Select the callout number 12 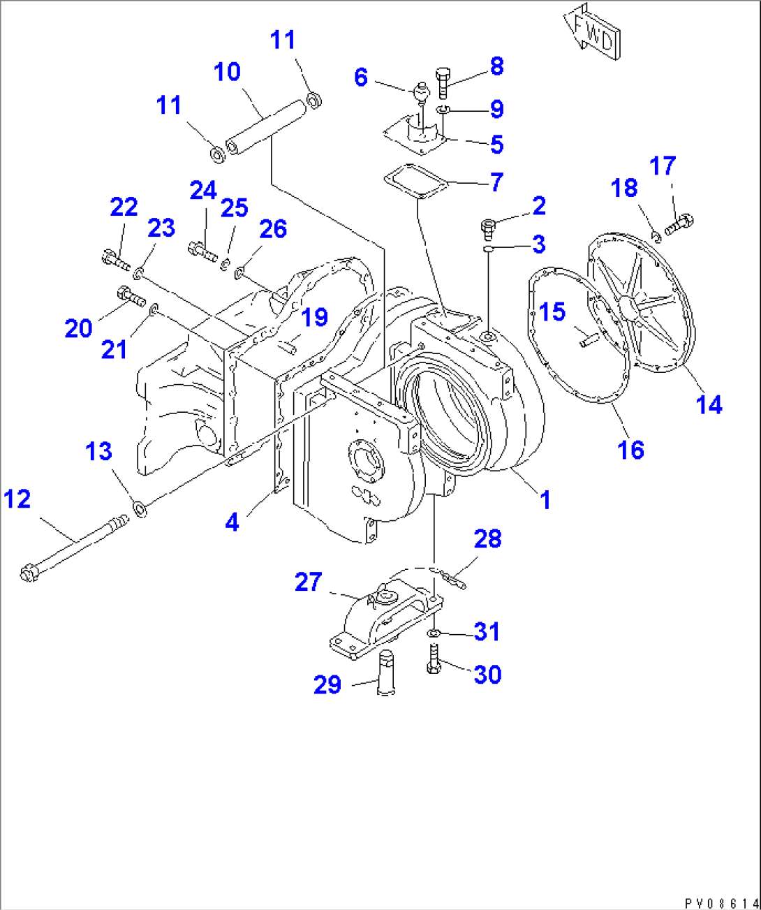[x=17, y=499]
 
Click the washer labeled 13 [x=140, y=508]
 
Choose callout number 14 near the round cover [x=709, y=404]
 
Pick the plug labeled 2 [x=489, y=227]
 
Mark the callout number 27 [x=308, y=582]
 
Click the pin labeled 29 [x=387, y=673]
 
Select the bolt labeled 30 [x=433, y=660]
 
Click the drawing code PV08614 [x=720, y=902]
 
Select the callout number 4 [x=232, y=521]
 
